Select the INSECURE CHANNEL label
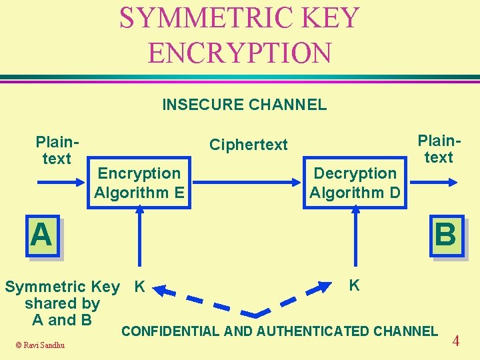[244, 105]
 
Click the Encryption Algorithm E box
[139, 183]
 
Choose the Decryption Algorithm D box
[355, 183]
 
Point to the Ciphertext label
[248, 145]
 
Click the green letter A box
[41, 235]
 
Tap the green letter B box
[445, 235]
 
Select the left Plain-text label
[57, 151]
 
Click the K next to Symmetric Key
[139, 287]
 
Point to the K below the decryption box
[355, 285]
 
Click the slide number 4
[456, 341]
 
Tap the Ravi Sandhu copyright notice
[41, 345]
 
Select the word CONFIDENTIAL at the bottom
[170, 331]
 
